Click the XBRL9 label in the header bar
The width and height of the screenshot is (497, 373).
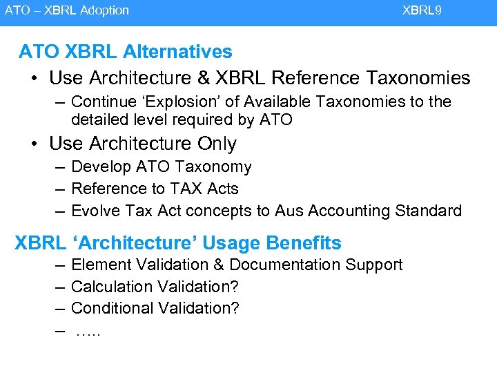click(x=422, y=10)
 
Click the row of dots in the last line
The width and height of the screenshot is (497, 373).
click(x=88, y=332)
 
